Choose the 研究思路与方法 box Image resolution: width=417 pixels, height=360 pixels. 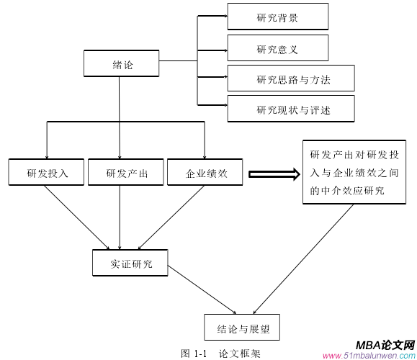coord(290,79)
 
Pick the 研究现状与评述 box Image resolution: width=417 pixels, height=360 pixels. coord(290,109)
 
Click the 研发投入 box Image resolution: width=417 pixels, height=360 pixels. coord(47,173)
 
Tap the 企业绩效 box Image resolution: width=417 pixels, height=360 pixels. coord(207,173)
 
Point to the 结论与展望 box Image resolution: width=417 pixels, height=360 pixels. coord(241,328)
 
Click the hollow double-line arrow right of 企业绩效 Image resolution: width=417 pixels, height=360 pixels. coord(273,174)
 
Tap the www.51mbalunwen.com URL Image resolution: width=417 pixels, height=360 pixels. coord(368,355)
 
